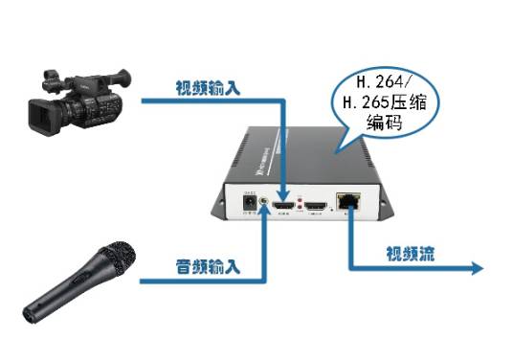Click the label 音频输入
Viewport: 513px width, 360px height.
tap(206, 261)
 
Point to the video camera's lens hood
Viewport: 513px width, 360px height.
tap(40, 116)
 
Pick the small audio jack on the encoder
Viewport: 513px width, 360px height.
tap(264, 205)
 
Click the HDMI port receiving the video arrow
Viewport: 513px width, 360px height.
tap(284, 205)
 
